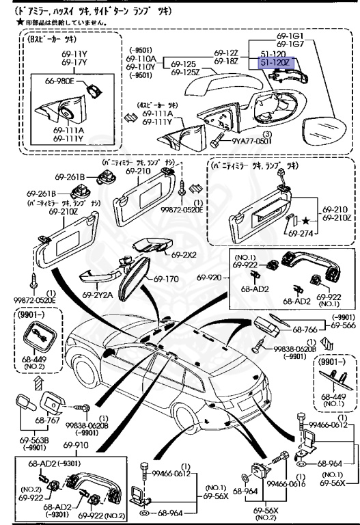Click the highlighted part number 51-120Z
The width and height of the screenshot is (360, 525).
[275, 63]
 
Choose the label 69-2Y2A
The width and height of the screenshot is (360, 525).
[98, 295]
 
